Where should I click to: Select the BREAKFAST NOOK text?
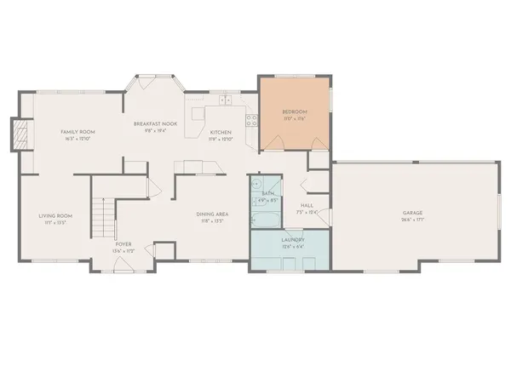[155, 124]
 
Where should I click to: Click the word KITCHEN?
[221, 133]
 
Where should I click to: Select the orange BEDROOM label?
[295, 112]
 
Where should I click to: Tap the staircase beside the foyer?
[103, 218]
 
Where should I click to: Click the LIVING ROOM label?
[55, 215]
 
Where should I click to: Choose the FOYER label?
[123, 243]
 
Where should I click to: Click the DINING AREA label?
[211, 214]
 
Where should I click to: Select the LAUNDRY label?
[293, 240]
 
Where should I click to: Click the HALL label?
[307, 204]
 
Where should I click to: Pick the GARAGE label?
[413, 213]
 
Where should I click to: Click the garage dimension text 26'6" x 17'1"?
[413, 220]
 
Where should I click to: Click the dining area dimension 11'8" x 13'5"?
[211, 221]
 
